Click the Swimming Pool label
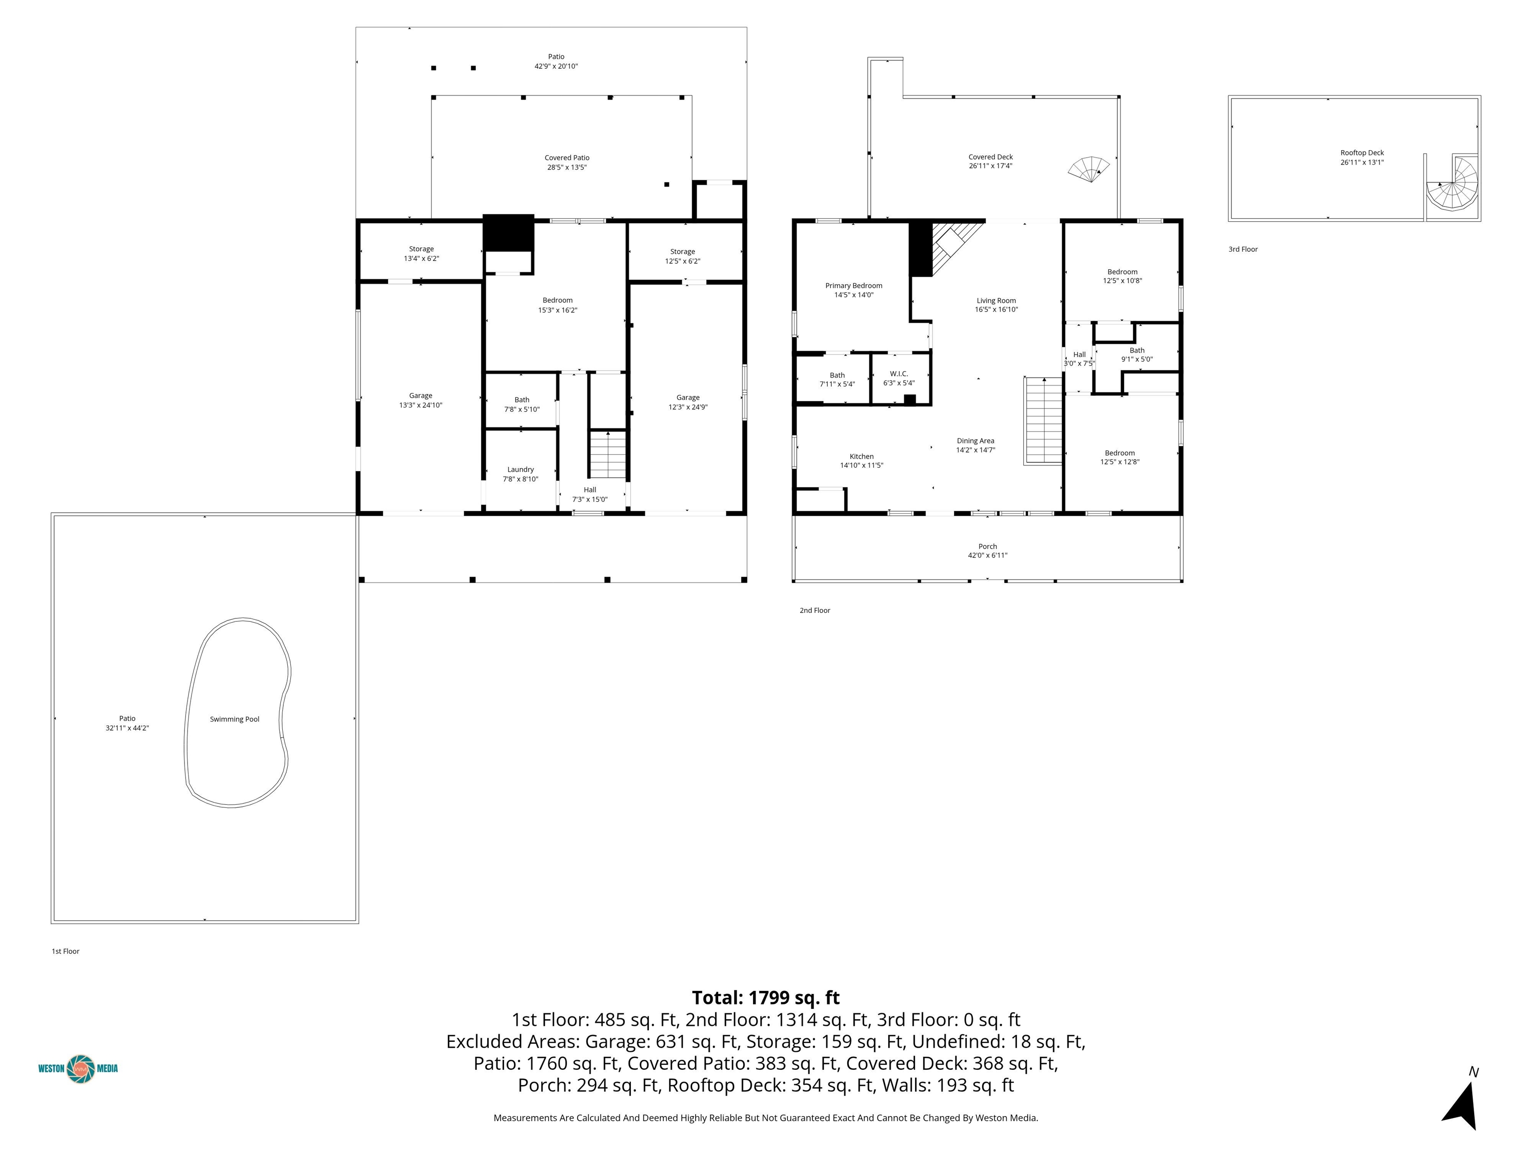[235, 719]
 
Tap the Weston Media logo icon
[81, 1068]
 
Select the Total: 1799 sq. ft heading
[766, 997]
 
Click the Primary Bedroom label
[854, 285]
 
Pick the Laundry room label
[521, 470]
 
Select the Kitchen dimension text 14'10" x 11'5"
[862, 465]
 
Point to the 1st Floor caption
[66, 951]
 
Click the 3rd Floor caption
[1243, 249]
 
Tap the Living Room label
[996, 301]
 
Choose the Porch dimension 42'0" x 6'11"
[987, 556]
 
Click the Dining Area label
[976, 440]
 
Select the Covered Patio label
[567, 158]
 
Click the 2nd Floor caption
[815, 610]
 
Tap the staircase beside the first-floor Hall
[608, 454]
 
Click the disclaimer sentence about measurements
[766, 1118]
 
